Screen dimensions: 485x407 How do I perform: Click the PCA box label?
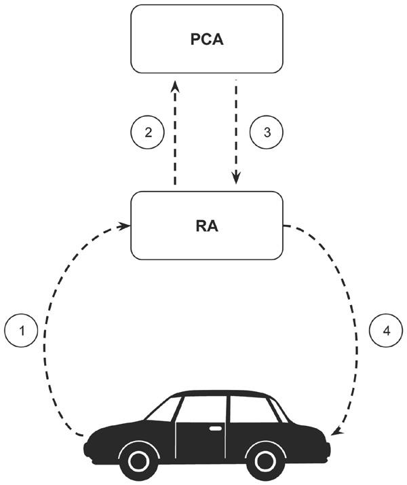(x=206, y=39)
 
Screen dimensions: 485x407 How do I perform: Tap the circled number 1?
(x=22, y=331)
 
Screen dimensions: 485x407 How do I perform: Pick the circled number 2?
(x=148, y=133)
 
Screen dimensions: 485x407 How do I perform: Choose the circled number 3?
(x=265, y=133)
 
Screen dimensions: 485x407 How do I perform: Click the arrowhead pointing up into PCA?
(x=175, y=86)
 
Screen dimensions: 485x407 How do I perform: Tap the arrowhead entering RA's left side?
(x=125, y=225)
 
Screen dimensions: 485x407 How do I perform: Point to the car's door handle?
(x=216, y=429)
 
